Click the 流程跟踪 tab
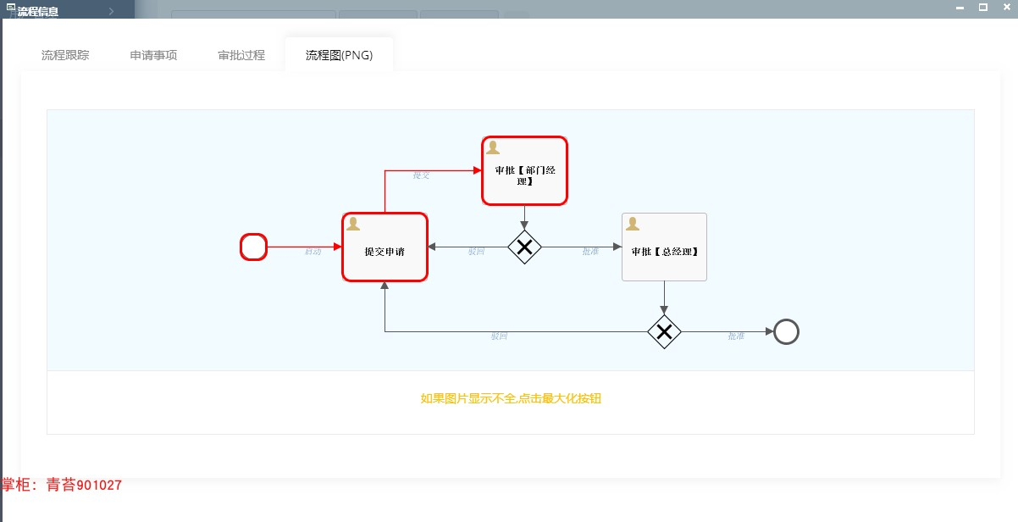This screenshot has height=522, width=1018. tap(65, 55)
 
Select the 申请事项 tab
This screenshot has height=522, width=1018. tap(153, 55)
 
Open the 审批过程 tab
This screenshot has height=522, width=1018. tap(241, 55)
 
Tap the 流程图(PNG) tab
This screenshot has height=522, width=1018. tap(339, 55)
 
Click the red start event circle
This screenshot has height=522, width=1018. tap(254, 247)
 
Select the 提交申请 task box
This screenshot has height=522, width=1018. tap(385, 247)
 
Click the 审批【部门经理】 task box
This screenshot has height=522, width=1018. tap(524, 171)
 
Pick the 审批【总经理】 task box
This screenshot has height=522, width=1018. tap(664, 247)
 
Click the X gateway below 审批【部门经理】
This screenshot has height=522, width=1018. tap(524, 247)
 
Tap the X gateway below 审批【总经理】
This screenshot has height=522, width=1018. tap(664, 332)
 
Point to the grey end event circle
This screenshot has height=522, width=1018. tap(786, 332)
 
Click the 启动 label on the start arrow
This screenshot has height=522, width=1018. tap(313, 252)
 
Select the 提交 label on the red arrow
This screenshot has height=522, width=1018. tap(421, 175)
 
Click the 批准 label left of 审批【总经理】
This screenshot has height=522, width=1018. tap(590, 252)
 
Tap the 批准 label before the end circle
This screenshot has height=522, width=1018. tap(736, 336)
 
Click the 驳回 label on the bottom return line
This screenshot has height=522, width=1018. tap(499, 336)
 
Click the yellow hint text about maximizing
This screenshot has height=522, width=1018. tap(511, 398)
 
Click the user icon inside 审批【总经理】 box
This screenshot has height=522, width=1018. tap(632, 225)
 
